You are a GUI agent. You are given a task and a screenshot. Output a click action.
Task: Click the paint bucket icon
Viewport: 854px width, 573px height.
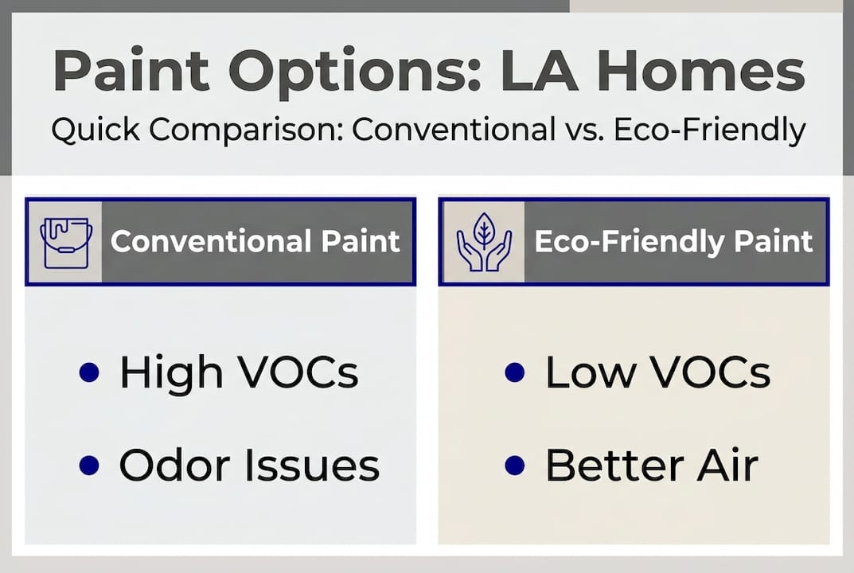[x=65, y=242]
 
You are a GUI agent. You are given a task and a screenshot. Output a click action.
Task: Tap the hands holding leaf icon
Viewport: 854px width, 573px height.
[x=482, y=242]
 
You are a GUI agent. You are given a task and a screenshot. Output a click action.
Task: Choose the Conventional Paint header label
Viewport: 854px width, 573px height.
[x=255, y=242]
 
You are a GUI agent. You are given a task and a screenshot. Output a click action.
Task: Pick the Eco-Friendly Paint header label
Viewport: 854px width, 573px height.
[x=673, y=242]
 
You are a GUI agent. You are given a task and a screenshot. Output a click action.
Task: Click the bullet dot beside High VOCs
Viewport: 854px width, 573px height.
[x=90, y=372]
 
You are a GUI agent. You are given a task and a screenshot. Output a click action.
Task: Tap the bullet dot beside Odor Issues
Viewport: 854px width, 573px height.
[x=90, y=466]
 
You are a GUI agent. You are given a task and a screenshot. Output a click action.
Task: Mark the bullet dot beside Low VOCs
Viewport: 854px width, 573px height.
[x=515, y=372]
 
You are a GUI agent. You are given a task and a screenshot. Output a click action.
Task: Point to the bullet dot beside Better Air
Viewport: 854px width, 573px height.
[x=515, y=466]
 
